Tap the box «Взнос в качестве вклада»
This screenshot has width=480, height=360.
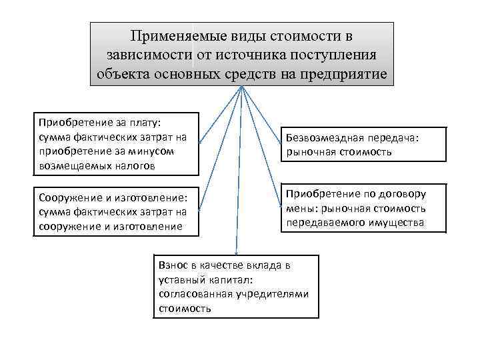click(235, 286)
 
